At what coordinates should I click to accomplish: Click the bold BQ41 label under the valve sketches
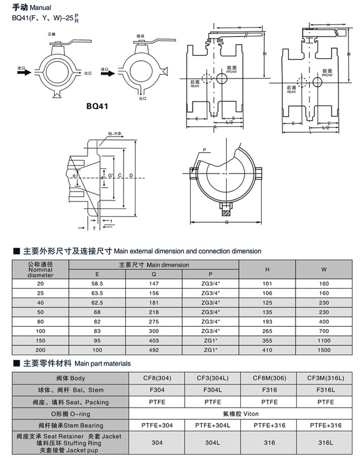coord(97,106)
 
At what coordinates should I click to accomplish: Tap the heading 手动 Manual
coord(32,8)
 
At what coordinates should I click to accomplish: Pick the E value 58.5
coord(97,283)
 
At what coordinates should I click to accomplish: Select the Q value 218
coord(154,312)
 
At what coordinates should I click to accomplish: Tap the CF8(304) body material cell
coord(156,378)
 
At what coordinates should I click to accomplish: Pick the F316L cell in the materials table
coord(324,390)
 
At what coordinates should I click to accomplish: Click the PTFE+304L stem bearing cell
coord(212,425)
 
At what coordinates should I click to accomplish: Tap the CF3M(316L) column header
coord(324,378)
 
